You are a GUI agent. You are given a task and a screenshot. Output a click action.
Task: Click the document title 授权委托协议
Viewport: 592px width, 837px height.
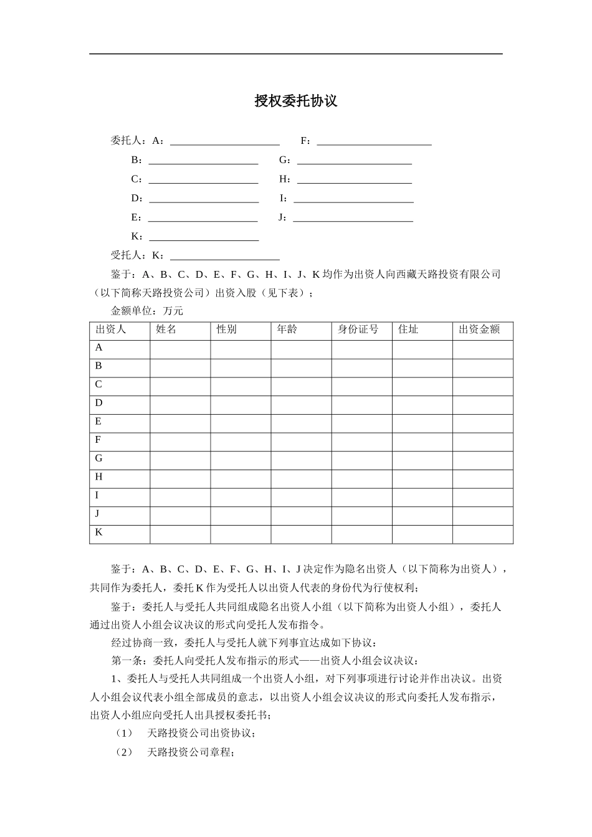[295, 101]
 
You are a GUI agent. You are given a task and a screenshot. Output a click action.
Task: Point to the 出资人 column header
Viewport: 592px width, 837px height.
[111, 329]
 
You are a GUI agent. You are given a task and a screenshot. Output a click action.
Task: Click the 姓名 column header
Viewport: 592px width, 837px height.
[166, 329]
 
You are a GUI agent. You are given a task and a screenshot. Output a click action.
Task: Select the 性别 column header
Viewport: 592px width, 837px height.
[227, 329]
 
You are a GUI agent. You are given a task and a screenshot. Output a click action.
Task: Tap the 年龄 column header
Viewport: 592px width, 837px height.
[287, 329]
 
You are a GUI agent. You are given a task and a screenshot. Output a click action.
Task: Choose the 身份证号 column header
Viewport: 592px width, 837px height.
[358, 329]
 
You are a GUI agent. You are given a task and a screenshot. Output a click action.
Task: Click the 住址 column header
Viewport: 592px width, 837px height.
[408, 329]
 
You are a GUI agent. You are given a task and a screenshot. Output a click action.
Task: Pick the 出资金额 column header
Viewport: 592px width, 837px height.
[479, 329]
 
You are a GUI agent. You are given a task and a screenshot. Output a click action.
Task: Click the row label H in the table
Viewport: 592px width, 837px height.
[98, 477]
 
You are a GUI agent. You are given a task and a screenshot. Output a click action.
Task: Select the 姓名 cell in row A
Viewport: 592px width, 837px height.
[180, 349]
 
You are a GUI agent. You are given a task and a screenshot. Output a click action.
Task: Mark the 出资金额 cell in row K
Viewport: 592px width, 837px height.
[482, 534]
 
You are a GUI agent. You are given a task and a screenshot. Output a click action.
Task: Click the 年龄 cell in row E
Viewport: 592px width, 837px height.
[301, 423]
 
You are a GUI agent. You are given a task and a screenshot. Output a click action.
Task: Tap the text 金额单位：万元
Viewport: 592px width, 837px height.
[147, 311]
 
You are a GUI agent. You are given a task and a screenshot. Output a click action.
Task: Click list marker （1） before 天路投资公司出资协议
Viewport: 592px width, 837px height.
[125, 734]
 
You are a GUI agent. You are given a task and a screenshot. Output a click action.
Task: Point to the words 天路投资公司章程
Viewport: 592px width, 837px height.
[190, 753]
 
